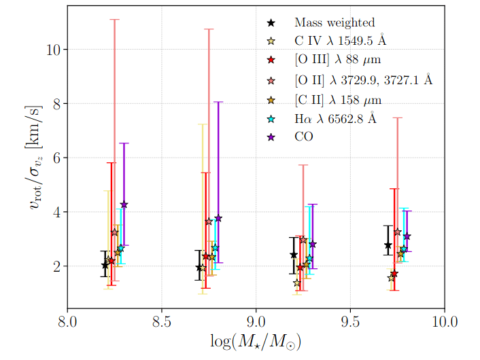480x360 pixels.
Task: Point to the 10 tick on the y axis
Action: tap(54, 50)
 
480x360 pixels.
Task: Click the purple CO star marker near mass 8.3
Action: tap(124, 204)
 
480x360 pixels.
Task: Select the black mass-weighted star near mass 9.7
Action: tap(388, 245)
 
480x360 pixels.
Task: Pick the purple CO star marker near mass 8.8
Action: tap(218, 218)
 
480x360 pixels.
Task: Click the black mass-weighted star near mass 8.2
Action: tap(105, 265)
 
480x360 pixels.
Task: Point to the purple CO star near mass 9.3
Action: tap(313, 245)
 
